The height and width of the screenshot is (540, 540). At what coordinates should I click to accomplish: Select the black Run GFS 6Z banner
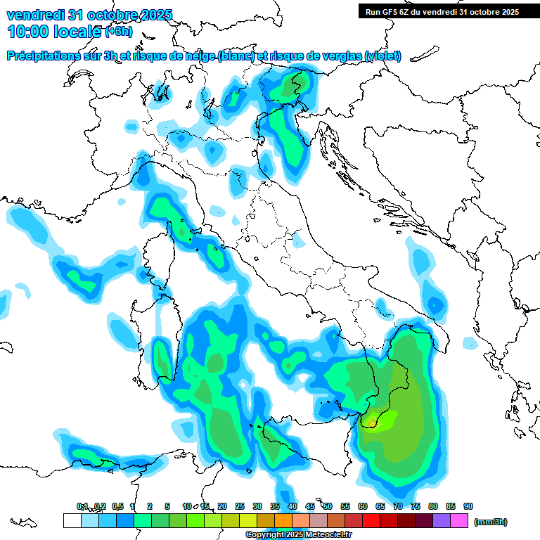[442, 11]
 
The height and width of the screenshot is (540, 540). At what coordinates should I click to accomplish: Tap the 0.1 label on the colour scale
[82, 506]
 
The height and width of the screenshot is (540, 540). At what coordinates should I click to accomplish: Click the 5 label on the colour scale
[167, 506]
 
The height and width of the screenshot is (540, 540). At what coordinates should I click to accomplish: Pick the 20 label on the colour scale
[222, 506]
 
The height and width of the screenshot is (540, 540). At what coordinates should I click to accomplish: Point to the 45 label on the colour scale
[310, 506]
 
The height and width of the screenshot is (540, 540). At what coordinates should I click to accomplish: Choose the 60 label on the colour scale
[363, 506]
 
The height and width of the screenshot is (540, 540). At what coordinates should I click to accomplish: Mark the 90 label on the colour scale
[468, 506]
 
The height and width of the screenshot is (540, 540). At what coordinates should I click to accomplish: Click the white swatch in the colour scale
[72, 520]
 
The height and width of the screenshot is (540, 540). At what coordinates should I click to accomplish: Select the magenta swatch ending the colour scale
[459, 520]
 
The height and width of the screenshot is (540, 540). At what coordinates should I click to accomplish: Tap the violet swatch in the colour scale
[442, 520]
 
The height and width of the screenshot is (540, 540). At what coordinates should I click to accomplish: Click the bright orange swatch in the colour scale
[283, 520]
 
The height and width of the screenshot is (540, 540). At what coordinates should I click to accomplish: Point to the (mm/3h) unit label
[490, 522]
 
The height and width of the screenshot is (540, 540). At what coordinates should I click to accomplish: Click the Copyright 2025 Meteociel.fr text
[298, 535]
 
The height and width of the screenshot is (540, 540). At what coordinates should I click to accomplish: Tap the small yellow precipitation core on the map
[371, 422]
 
